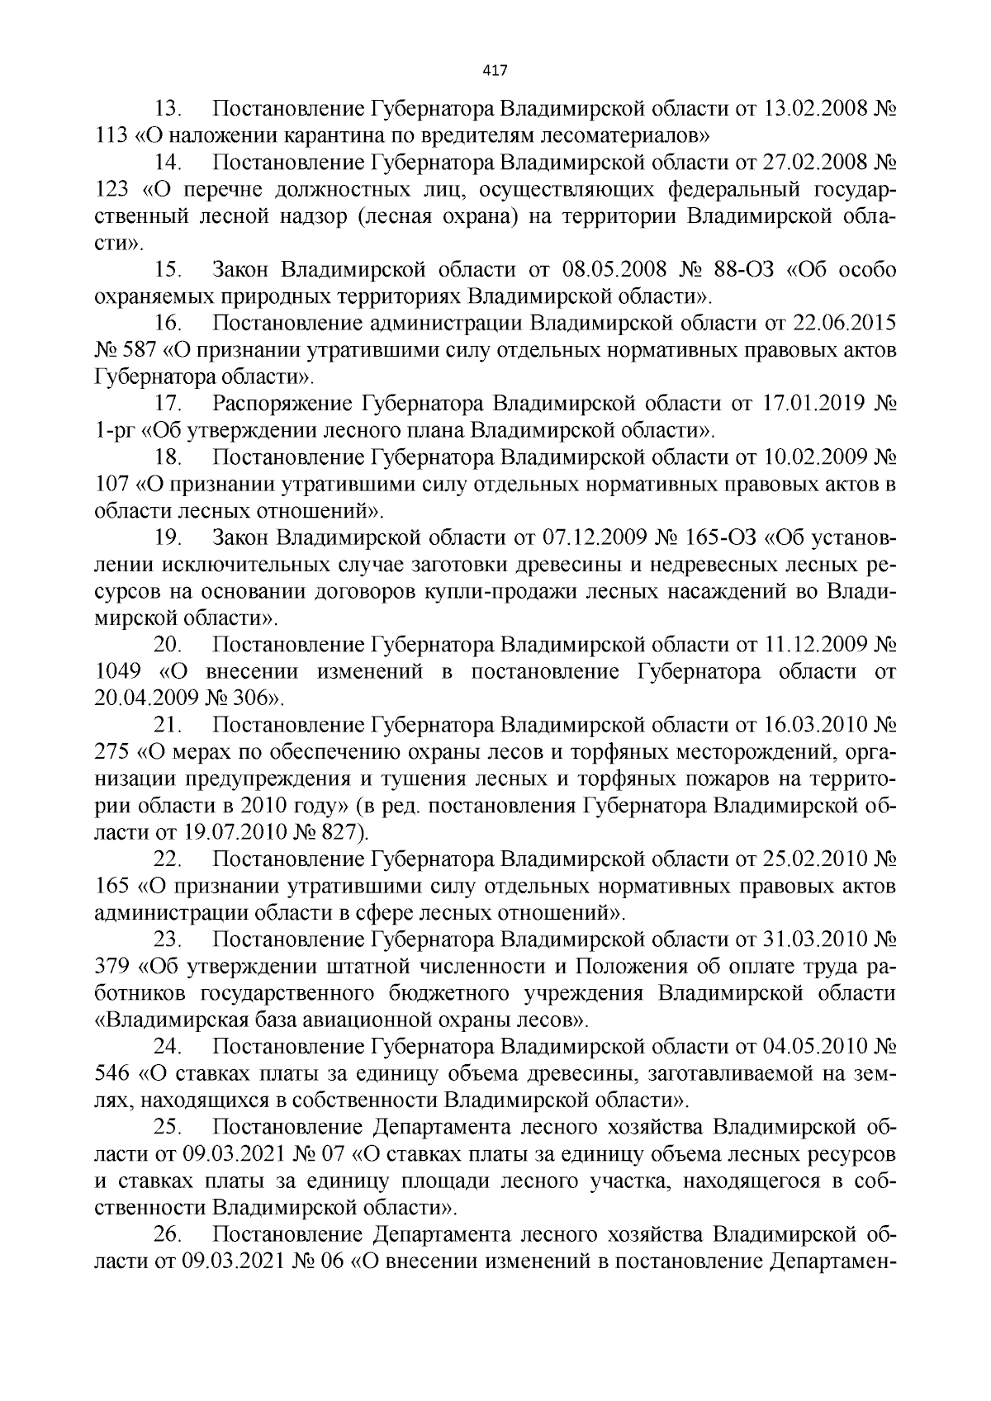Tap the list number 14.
168,163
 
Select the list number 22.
168,860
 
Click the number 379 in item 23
114,968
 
